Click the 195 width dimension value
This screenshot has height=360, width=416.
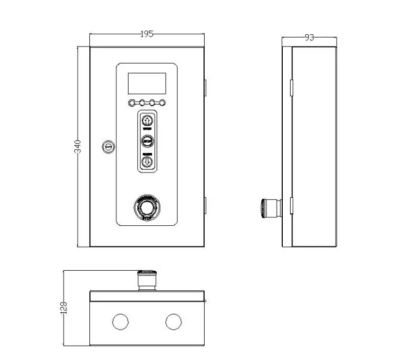(147, 34)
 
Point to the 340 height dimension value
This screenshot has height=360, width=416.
(79, 147)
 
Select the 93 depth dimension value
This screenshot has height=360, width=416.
(309, 38)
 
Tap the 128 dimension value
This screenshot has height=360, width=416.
(64, 307)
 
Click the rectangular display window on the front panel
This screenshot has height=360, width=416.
(147, 84)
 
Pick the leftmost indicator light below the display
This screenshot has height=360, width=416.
(132, 103)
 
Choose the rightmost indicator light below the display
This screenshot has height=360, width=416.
(163, 103)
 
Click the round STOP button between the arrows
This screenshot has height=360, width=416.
(147, 141)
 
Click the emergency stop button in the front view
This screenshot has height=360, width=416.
(147, 209)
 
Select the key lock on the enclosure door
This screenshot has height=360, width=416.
(107, 147)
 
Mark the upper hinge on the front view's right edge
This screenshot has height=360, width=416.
(205, 87)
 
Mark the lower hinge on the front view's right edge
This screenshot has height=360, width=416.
(205, 206)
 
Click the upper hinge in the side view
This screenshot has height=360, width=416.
(291, 87)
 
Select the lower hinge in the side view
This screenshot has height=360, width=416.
(291, 206)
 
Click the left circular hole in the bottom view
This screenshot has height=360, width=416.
(120, 322)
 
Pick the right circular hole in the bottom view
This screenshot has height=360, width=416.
(174, 322)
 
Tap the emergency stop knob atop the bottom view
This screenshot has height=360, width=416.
(147, 279)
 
